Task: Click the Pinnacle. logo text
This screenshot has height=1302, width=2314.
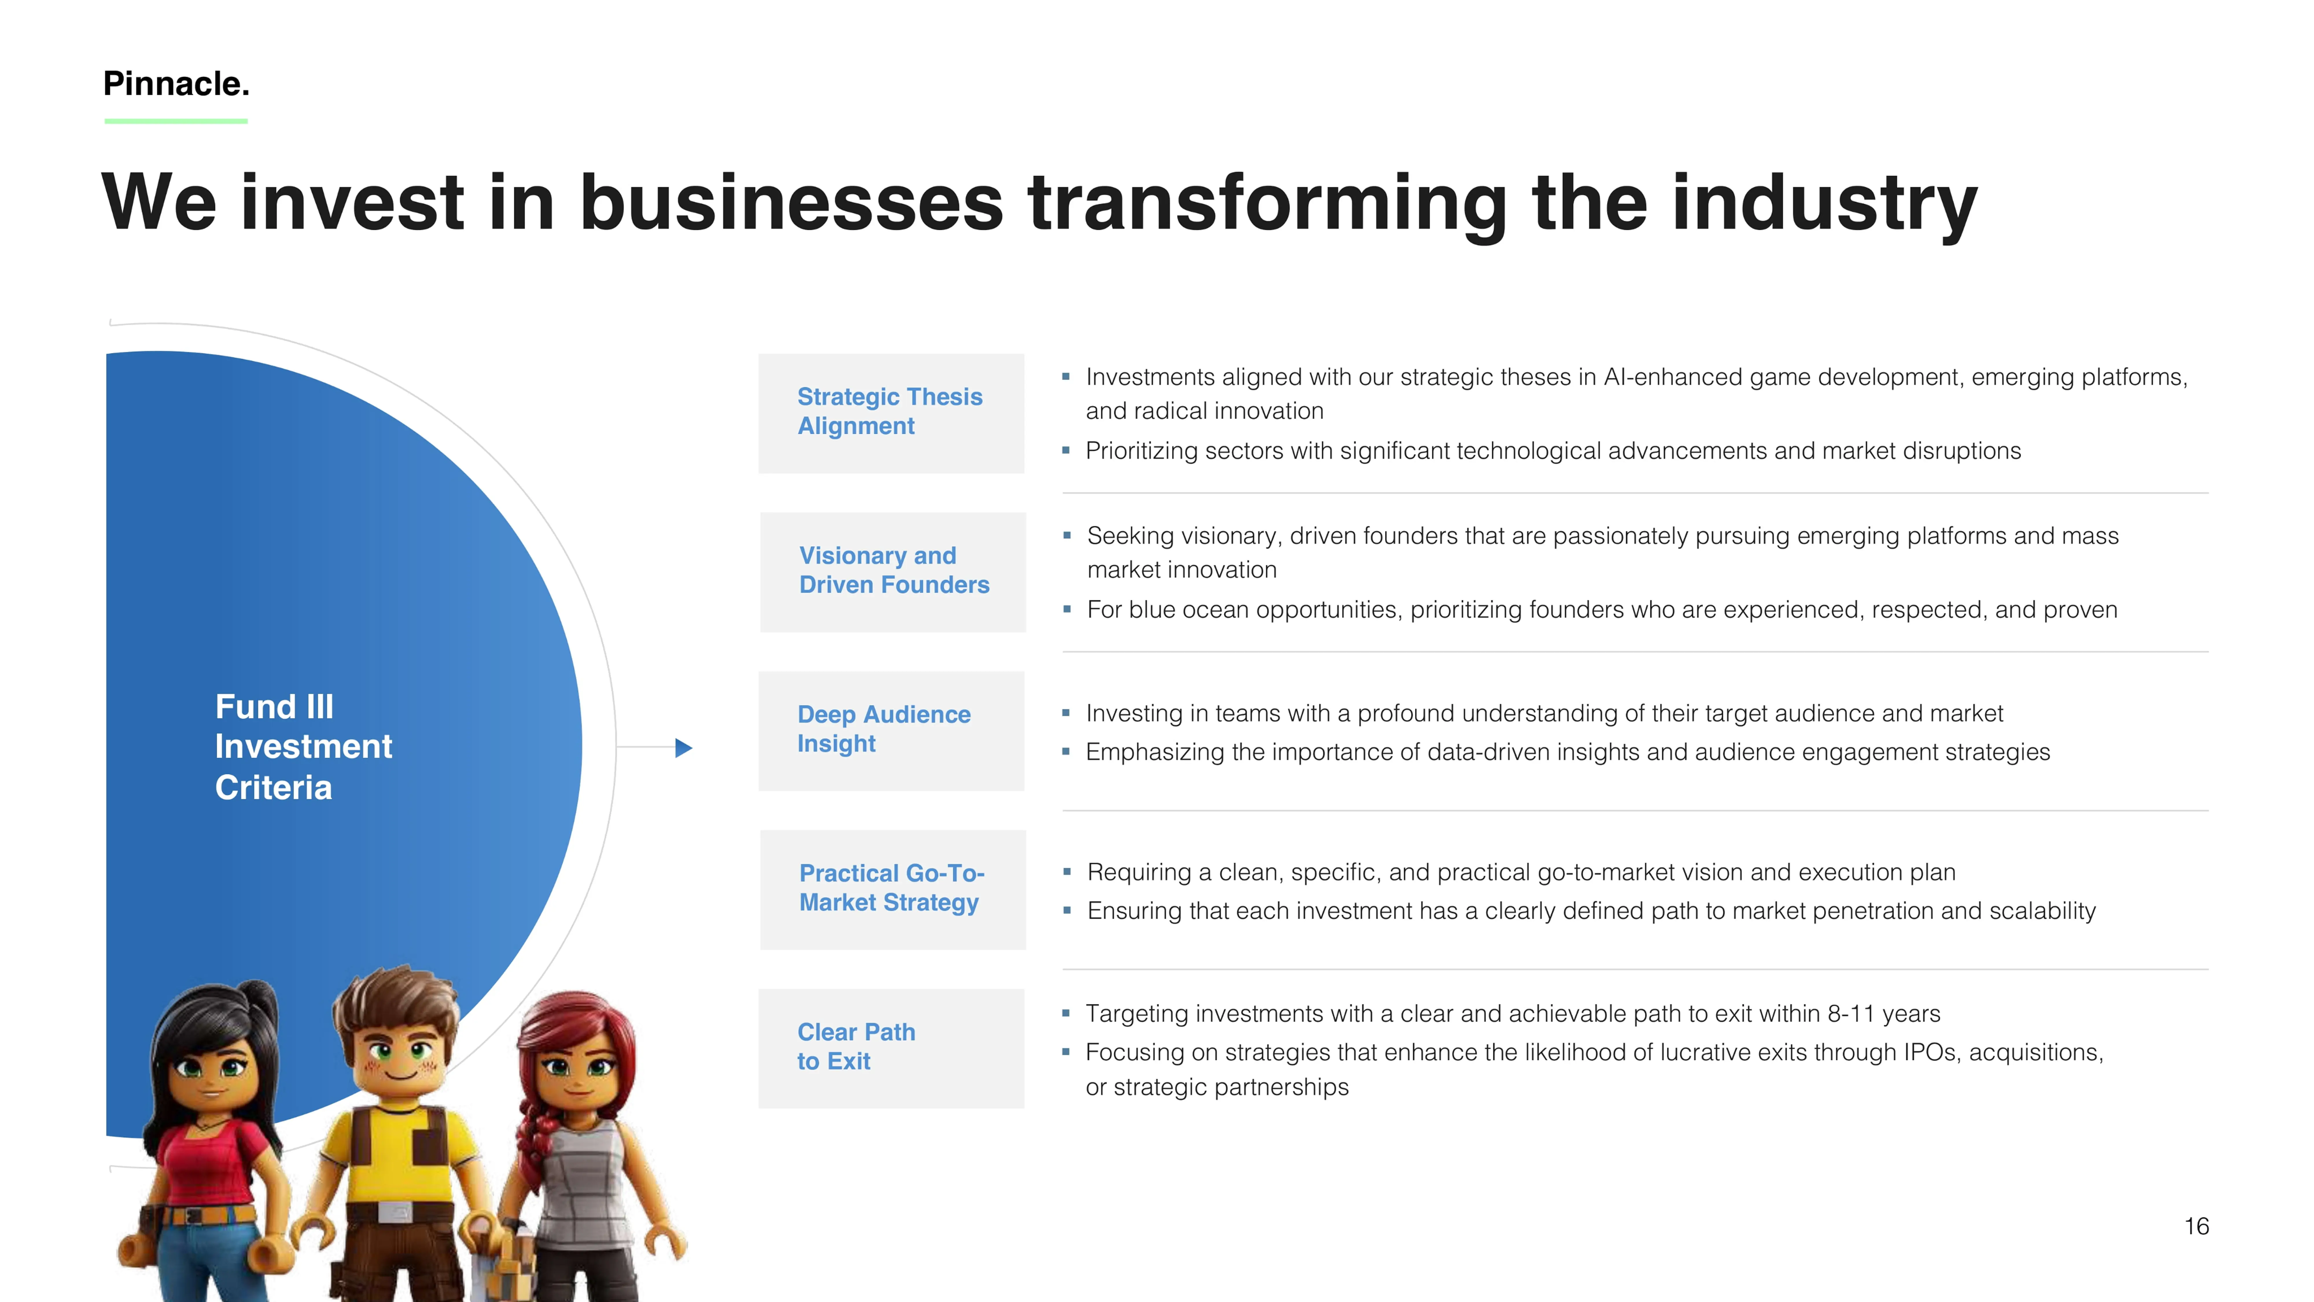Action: click(x=176, y=84)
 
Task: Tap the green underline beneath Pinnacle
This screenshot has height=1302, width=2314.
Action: click(x=176, y=120)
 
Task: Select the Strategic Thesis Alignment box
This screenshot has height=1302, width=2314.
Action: click(x=891, y=413)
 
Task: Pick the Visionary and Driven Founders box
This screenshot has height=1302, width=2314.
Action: click(x=893, y=572)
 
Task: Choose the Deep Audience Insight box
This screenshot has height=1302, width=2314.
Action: click(x=891, y=731)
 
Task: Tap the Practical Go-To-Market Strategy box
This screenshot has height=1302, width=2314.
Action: click(x=893, y=890)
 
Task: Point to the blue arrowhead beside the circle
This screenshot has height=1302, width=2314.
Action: click(x=683, y=748)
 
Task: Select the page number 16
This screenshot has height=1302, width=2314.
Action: click(x=2196, y=1226)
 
